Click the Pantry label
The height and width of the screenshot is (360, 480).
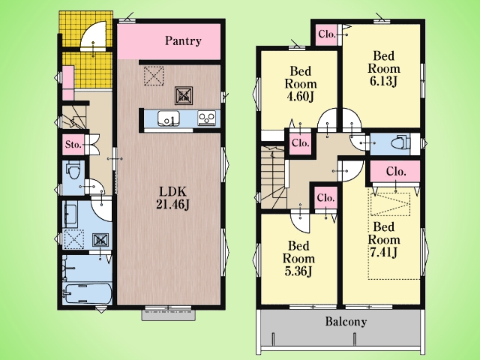pos(183,40)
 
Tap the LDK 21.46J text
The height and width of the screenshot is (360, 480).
pos(172,198)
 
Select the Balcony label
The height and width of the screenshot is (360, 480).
pos(346,322)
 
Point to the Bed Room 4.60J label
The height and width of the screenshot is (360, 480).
pos(300,83)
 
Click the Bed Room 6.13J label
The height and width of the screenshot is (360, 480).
pos(383,68)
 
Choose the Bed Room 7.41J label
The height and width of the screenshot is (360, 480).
pos(383,240)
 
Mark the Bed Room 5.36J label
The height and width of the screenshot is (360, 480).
pos(298,259)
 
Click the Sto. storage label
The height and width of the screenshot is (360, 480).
pos(73,144)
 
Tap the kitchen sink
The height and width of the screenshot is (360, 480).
pos(168,118)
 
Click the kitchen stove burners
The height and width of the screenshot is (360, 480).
pos(207,118)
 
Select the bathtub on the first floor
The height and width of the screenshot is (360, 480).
pos(87,293)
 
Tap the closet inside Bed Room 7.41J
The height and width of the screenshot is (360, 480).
pos(395,172)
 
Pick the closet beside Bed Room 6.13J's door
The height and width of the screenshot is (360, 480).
pos(327,34)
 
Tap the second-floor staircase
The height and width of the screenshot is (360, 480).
pos(273,177)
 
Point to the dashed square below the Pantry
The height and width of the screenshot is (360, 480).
pos(154,76)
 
